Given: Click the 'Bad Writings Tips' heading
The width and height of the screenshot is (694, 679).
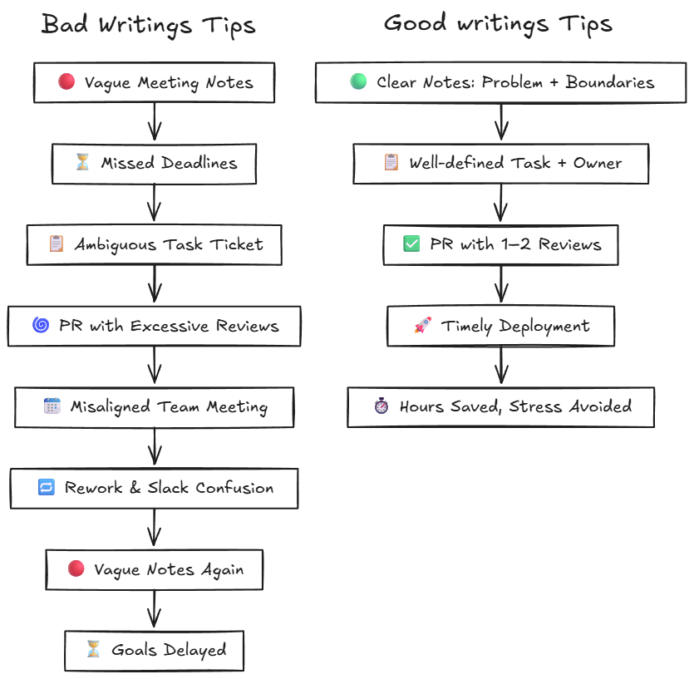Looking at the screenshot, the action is click(148, 25).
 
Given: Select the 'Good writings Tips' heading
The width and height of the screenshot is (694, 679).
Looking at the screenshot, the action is click(497, 23).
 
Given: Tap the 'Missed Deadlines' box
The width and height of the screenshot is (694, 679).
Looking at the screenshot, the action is click(154, 163).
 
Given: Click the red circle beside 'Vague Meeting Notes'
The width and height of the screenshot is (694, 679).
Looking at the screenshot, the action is click(67, 82).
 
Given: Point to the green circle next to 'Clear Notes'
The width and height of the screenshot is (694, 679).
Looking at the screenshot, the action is click(358, 82).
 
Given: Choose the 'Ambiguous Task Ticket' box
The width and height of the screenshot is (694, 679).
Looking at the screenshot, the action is click(154, 244).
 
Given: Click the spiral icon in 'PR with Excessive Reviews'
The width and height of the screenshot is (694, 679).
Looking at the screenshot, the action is click(40, 325).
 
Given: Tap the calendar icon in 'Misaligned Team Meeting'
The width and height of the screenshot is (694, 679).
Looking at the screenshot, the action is click(52, 406).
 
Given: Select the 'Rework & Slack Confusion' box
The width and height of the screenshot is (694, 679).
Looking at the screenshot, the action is click(154, 488).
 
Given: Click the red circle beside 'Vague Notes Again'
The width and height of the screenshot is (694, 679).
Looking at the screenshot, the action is click(76, 569).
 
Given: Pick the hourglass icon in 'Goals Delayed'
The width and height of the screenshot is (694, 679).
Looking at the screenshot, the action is click(93, 650).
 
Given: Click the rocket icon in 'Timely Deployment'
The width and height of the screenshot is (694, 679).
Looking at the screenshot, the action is click(422, 326).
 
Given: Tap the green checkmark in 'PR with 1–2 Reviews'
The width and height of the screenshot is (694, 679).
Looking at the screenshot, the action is click(411, 244).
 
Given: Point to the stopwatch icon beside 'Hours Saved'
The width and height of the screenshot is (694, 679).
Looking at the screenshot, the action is click(381, 406).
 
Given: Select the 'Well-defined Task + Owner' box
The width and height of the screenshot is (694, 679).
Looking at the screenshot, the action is click(500, 163).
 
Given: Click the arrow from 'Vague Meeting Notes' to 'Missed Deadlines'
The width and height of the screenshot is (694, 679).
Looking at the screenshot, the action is click(154, 122).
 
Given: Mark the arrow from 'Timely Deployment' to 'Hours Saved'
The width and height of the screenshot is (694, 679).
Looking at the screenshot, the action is click(500, 367).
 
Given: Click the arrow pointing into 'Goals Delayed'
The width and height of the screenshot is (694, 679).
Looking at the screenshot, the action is click(154, 610).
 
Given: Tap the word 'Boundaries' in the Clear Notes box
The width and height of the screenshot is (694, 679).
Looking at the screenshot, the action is click(610, 82).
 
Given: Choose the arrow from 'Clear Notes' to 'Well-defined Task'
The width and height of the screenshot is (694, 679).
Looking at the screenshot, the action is click(500, 122).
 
